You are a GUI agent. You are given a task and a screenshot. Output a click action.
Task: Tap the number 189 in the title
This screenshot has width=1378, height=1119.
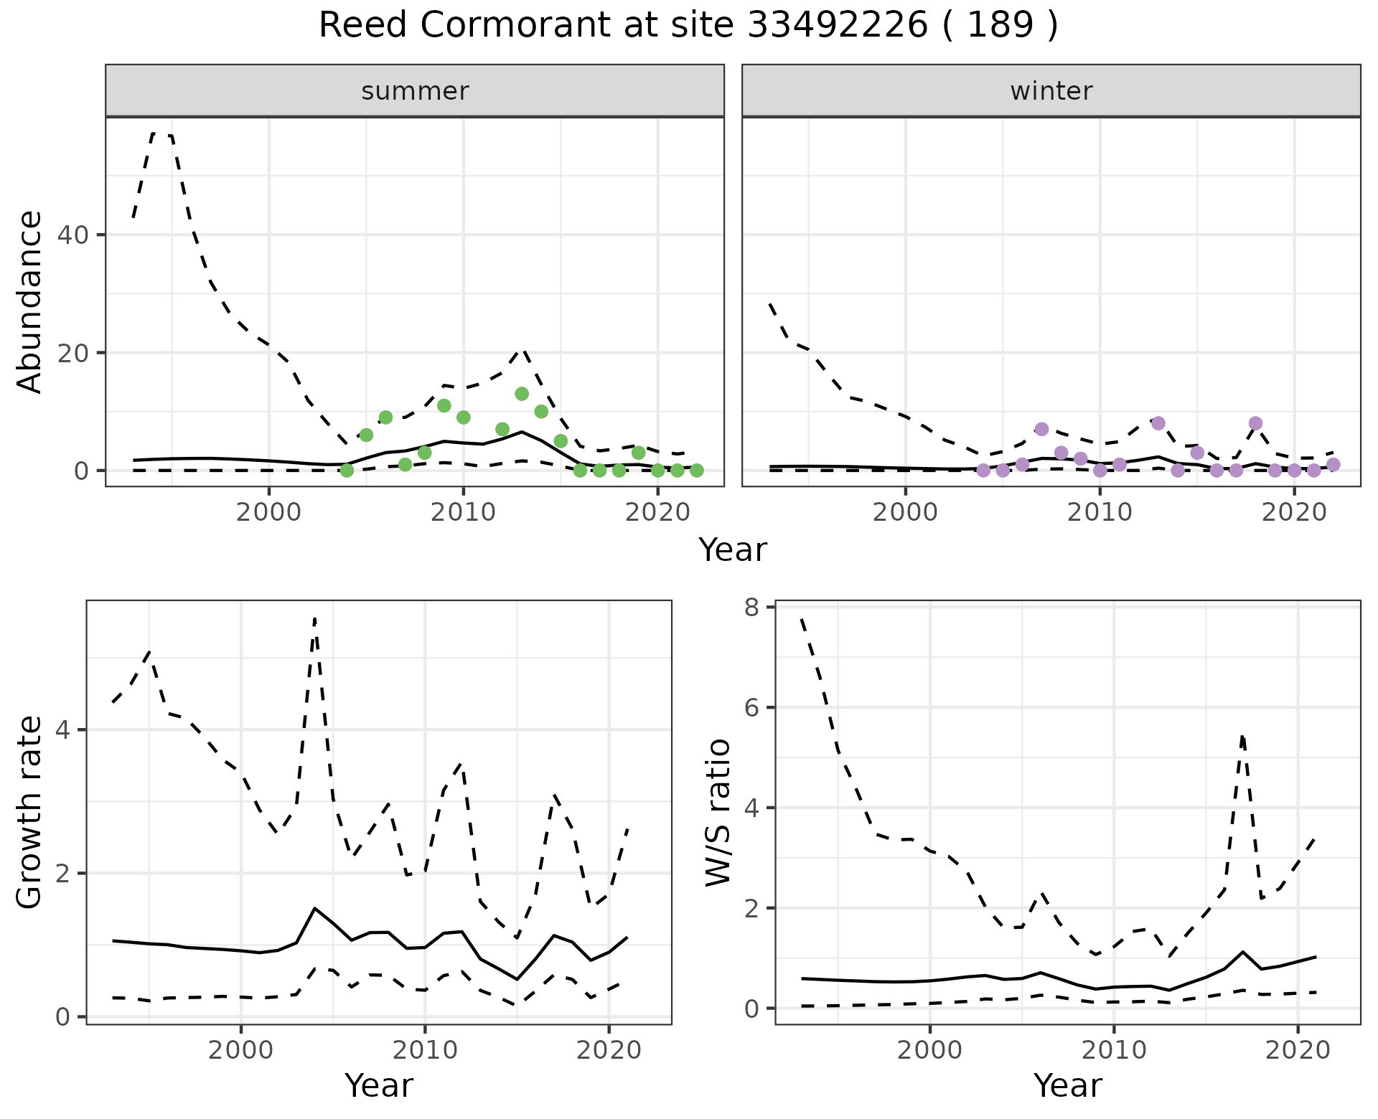1000,26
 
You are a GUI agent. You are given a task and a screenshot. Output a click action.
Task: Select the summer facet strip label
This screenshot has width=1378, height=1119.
415,91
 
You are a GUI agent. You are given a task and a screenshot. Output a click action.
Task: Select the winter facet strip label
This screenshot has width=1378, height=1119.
1051,91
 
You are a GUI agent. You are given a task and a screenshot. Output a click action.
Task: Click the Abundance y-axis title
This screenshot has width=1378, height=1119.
30,302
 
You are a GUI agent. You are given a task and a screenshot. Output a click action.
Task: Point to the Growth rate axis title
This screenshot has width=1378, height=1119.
30,813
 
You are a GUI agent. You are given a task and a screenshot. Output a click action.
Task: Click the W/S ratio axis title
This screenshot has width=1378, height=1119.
718,813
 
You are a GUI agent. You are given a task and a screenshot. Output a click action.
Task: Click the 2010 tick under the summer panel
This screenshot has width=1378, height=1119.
463,513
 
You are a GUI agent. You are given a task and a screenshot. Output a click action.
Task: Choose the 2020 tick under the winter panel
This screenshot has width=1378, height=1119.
1293,513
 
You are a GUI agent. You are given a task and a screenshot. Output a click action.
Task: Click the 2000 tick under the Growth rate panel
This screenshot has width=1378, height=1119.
240,1052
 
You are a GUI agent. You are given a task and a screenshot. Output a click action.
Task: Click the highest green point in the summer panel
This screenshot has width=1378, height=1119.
522,394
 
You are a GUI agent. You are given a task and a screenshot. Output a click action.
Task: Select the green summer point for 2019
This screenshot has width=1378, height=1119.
638,453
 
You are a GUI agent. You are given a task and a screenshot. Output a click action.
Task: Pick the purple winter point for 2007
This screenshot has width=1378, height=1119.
1041,429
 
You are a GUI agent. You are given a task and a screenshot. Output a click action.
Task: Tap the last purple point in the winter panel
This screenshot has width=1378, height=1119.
1333,464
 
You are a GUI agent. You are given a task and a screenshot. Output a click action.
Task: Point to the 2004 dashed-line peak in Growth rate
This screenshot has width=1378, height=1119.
315,619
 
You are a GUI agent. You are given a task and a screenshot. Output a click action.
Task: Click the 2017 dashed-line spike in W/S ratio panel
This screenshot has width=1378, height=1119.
1242,736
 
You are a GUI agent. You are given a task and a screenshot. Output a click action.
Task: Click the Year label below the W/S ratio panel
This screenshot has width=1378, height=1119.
1067,1086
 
